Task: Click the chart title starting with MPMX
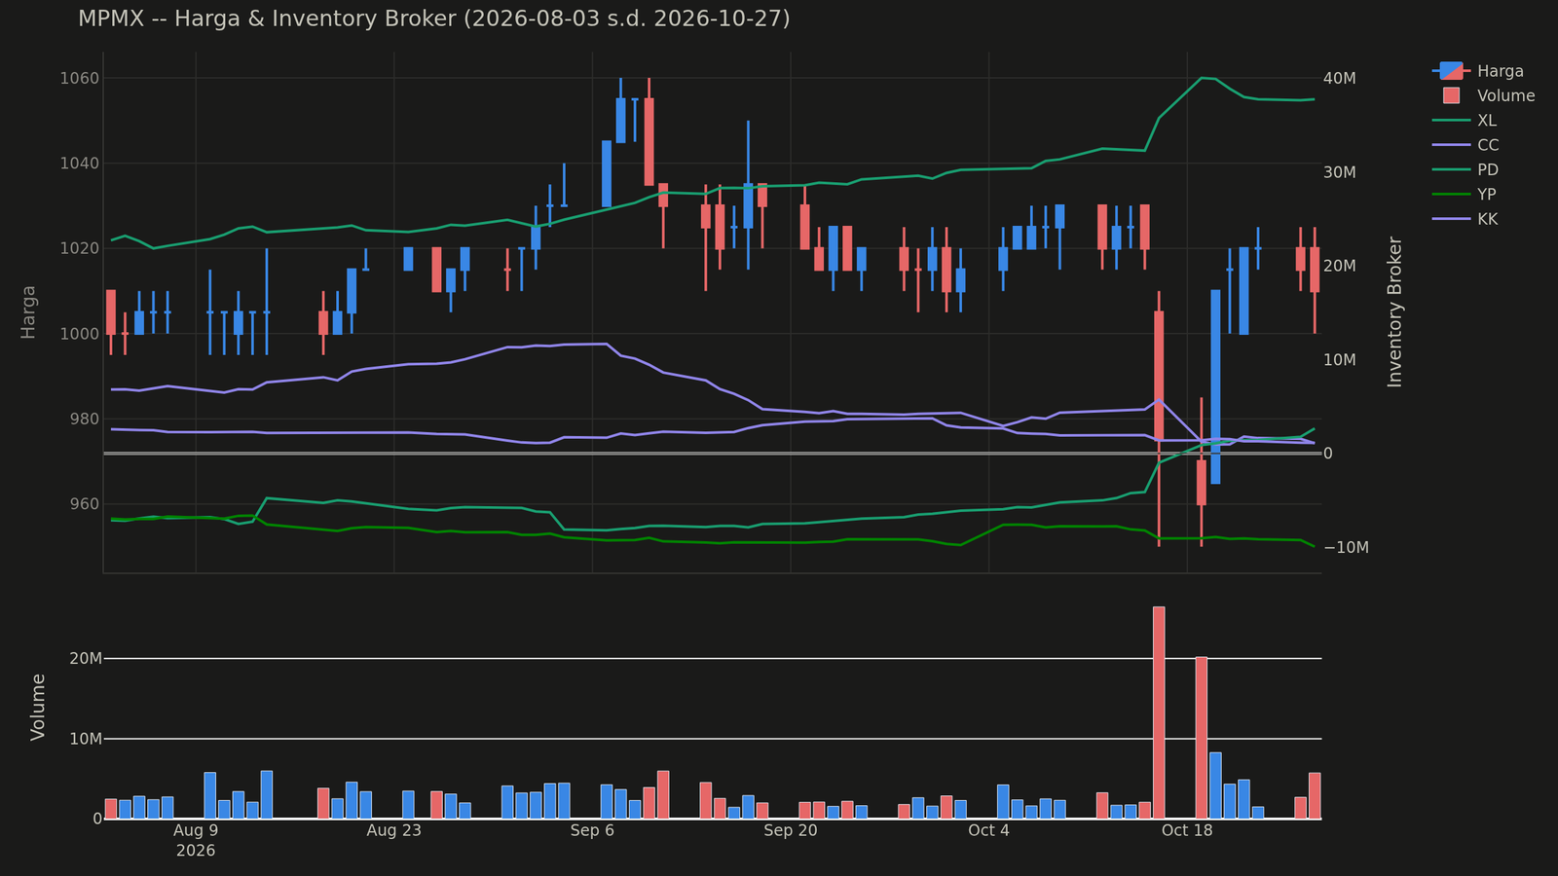click(x=434, y=18)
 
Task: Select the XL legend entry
click(x=1465, y=121)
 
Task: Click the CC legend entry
click(x=1465, y=145)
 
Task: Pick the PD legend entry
click(x=1465, y=169)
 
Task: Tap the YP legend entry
click(x=1465, y=195)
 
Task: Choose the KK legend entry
click(x=1465, y=219)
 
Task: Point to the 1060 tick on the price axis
click(x=79, y=78)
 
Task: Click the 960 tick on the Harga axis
click(x=84, y=504)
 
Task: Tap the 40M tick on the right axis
click(x=1340, y=78)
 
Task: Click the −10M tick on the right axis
click(x=1347, y=547)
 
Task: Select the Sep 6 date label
click(x=592, y=830)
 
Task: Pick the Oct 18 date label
click(x=1187, y=830)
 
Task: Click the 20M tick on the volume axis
click(x=86, y=658)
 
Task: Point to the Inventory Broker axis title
click(x=1394, y=312)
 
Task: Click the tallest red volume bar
click(x=1159, y=712)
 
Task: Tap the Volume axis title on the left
click(x=38, y=707)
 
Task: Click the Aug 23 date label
click(x=393, y=830)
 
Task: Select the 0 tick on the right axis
click(x=1328, y=454)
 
